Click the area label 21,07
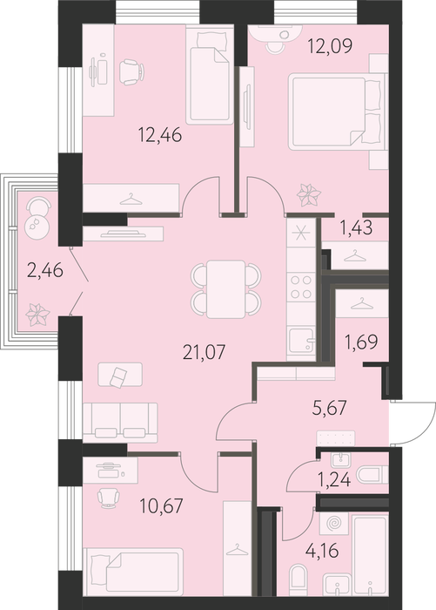point(204,352)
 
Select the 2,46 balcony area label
point(45,270)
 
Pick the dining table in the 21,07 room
point(225,289)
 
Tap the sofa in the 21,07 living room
point(120,423)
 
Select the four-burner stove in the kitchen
point(301,287)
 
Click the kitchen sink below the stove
point(301,340)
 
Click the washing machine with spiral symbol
point(332,523)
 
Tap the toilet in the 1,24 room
point(372,475)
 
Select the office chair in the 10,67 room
point(107,498)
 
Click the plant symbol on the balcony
point(37,315)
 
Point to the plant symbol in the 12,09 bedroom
point(309,195)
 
